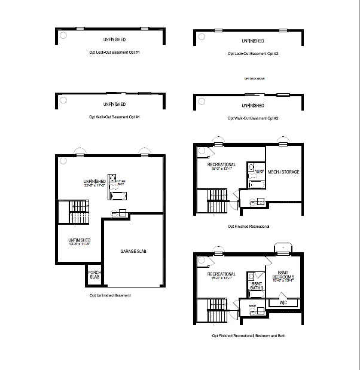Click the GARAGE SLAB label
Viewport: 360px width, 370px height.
point(133,251)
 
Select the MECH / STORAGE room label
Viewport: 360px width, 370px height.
point(283,172)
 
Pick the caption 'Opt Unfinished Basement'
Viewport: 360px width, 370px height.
point(110,296)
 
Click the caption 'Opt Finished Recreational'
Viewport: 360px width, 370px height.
point(248,227)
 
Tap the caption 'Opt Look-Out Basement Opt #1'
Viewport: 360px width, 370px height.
point(113,53)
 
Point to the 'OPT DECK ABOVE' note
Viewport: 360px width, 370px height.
point(254,79)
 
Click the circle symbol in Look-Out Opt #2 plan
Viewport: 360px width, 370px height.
point(201,36)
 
